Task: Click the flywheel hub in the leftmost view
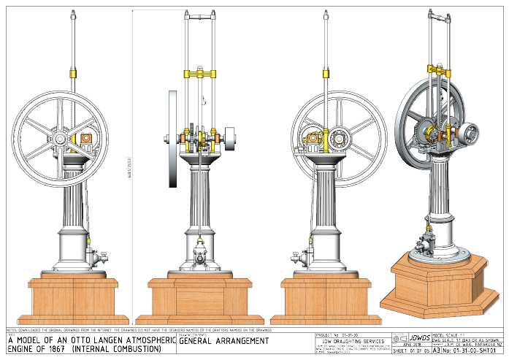tap(59, 138)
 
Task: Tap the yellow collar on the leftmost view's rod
tap(73, 73)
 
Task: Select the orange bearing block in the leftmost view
tap(86, 137)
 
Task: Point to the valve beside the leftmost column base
tap(95, 257)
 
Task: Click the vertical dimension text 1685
tap(129, 168)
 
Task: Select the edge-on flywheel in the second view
tap(173, 139)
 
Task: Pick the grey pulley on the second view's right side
tap(231, 139)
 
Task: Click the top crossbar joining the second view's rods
tap(199, 15)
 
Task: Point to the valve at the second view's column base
tap(199, 256)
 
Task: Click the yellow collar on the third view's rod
tap(326, 73)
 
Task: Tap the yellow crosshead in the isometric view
tap(438, 69)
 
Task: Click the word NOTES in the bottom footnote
tap(11, 331)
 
